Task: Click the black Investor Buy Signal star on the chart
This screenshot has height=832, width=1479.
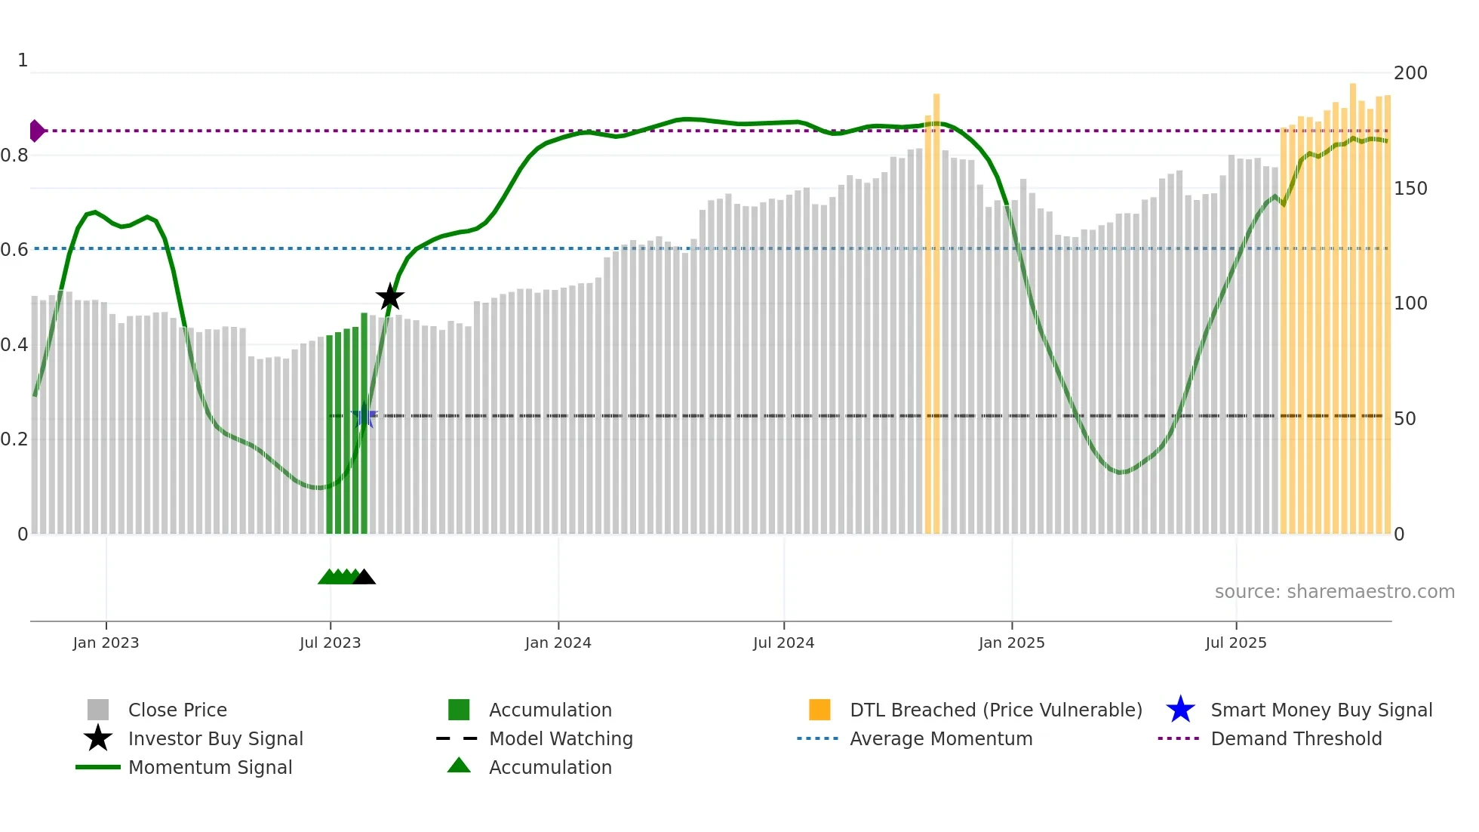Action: click(390, 297)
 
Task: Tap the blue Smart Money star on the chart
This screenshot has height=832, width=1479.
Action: click(364, 416)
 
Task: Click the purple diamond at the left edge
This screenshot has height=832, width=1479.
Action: click(36, 131)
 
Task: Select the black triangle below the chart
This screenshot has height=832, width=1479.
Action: click(364, 578)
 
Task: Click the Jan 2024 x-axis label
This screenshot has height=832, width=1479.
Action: click(558, 643)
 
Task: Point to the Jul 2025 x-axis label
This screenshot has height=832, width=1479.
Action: click(1235, 643)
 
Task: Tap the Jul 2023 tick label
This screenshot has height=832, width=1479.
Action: click(330, 643)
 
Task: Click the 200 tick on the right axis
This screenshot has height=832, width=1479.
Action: click(1410, 73)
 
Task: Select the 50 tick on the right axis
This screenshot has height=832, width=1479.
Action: click(1404, 419)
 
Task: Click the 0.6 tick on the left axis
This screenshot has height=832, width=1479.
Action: click(15, 249)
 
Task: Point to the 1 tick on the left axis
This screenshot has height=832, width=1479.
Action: click(23, 60)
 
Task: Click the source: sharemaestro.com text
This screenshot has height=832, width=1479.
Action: click(1334, 592)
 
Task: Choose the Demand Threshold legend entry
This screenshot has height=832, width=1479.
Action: click(1296, 739)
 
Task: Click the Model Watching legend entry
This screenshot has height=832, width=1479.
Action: click(560, 739)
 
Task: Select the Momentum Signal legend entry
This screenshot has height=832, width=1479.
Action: click(210, 768)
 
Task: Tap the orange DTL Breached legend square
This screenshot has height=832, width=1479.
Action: click(819, 710)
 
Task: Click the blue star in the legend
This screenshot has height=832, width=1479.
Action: click(1180, 710)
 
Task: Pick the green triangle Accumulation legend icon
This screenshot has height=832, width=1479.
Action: click(459, 766)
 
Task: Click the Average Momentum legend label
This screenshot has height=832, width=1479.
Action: click(940, 739)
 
